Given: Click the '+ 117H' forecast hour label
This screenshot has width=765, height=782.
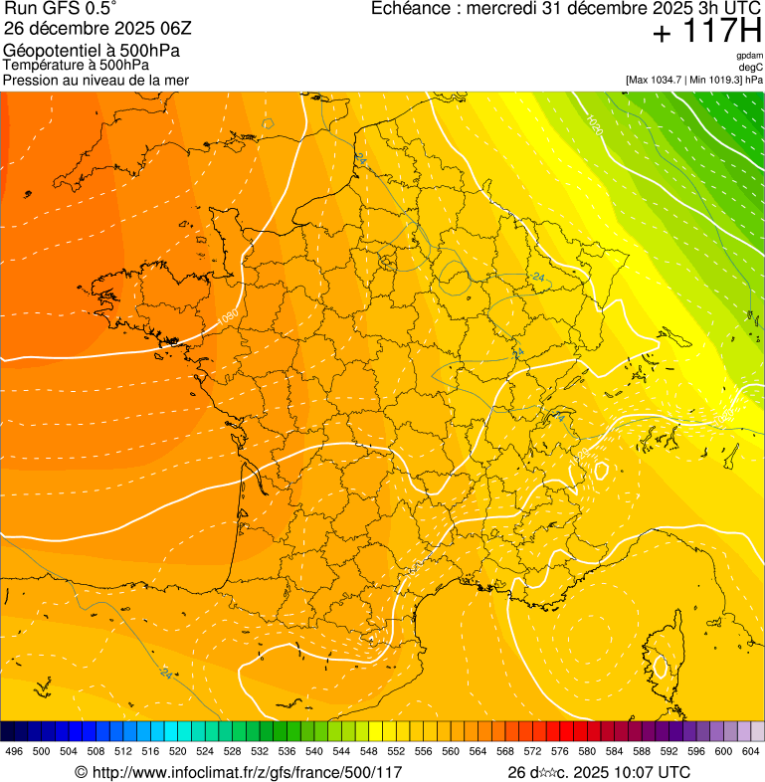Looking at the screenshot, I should pos(706,32).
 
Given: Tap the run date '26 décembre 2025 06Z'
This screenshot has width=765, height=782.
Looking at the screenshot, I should pos(104,28).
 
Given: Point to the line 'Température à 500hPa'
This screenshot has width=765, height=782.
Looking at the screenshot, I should pos(77,65).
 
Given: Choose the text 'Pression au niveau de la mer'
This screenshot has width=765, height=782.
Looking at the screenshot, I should pos(96,80).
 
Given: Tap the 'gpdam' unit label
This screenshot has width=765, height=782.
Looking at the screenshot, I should pos(749,56).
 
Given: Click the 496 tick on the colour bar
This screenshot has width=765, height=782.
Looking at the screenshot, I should pos(14,751).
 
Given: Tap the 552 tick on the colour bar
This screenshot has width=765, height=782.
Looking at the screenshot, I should pos(396,751).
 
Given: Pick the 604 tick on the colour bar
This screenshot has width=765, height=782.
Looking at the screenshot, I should pos(751,751).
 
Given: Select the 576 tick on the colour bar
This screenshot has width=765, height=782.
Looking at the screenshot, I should pos(560,751).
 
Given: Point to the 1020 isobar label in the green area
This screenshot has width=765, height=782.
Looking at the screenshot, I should pos(594,124).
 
